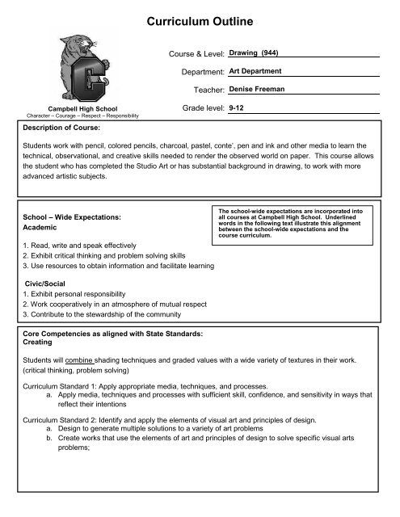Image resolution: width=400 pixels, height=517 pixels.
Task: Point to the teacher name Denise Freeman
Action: tap(263, 91)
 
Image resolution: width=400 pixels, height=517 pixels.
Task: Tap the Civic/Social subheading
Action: tap(47, 284)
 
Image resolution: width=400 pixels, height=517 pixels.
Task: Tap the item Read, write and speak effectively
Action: tap(77, 244)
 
